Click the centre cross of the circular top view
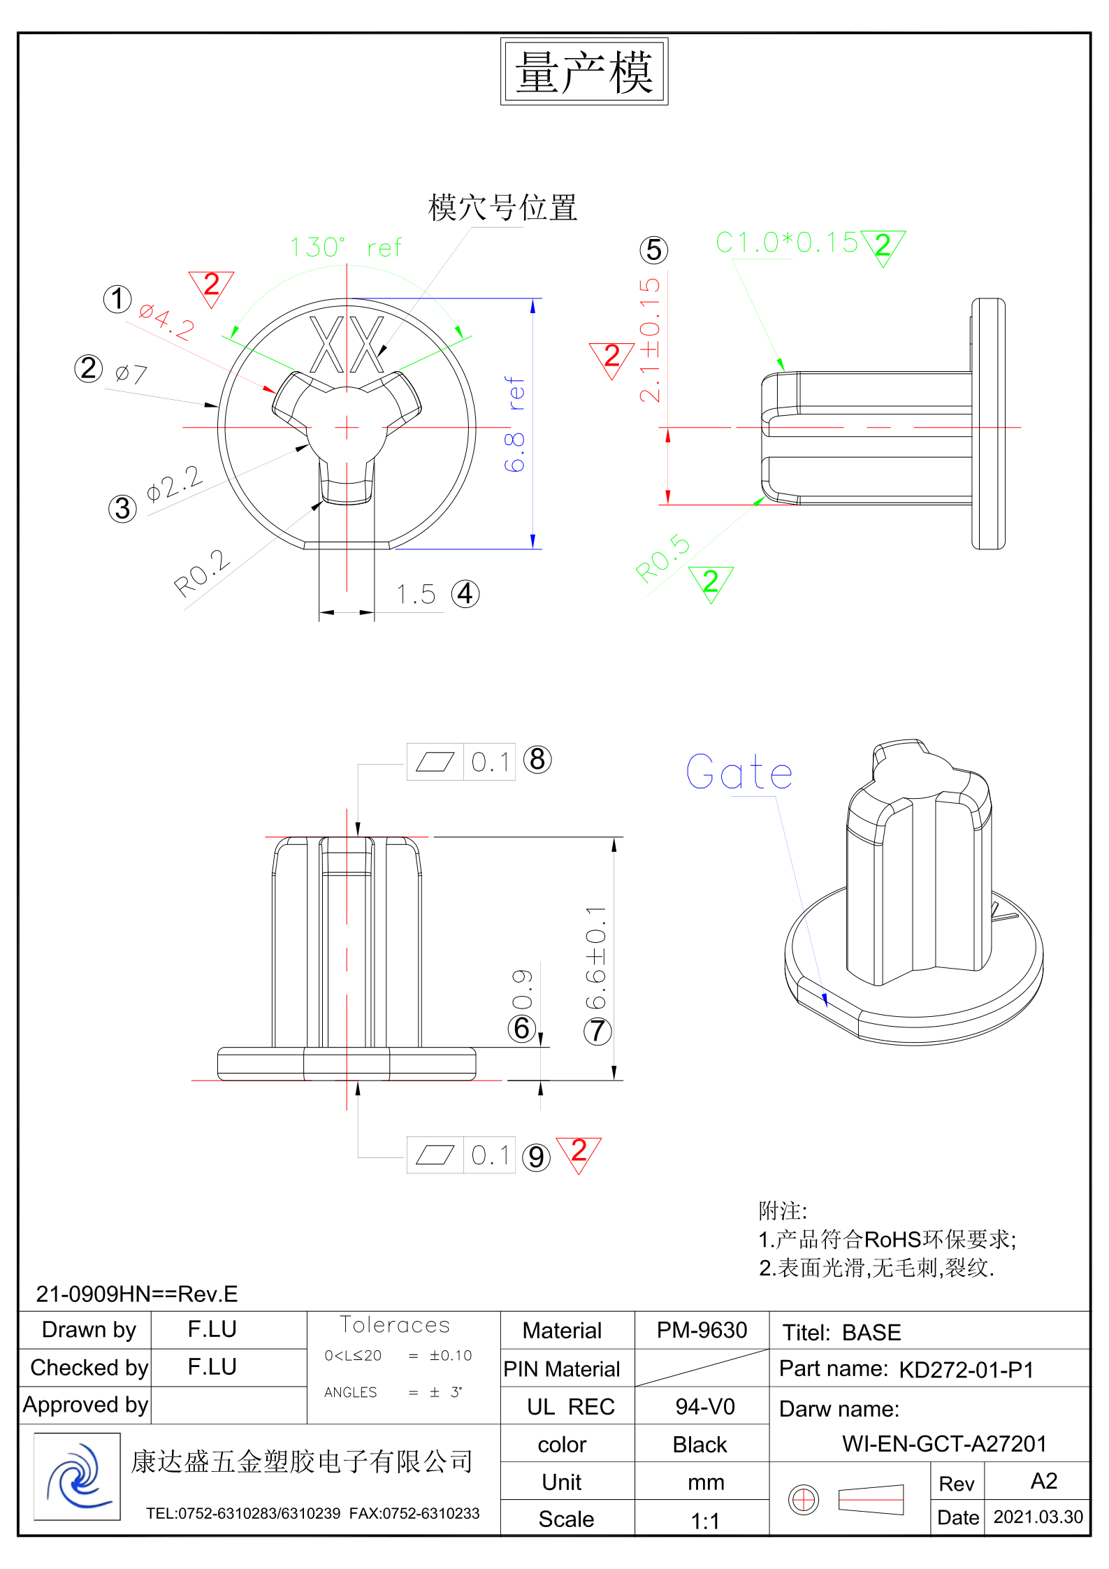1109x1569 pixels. click(x=347, y=427)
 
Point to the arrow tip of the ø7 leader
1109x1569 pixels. click(x=219, y=406)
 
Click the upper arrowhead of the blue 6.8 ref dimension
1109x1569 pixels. click(x=533, y=305)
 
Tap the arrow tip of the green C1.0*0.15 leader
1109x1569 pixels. click(x=784, y=370)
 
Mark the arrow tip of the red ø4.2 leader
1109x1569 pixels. click(x=275, y=392)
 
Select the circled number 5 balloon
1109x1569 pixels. click(x=653, y=250)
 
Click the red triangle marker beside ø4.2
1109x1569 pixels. click(x=211, y=288)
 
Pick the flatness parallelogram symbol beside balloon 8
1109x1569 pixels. click(x=435, y=762)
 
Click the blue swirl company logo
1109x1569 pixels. click(x=78, y=1477)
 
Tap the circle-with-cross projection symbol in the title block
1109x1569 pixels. click(x=804, y=1499)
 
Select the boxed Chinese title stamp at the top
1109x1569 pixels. click(x=584, y=72)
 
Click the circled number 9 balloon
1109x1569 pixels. click(x=536, y=1157)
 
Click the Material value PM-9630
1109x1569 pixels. click(x=702, y=1330)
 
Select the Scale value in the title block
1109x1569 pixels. click(x=705, y=1521)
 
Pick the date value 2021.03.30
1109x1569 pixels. click(x=1038, y=1517)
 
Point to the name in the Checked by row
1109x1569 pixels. click(x=212, y=1367)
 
